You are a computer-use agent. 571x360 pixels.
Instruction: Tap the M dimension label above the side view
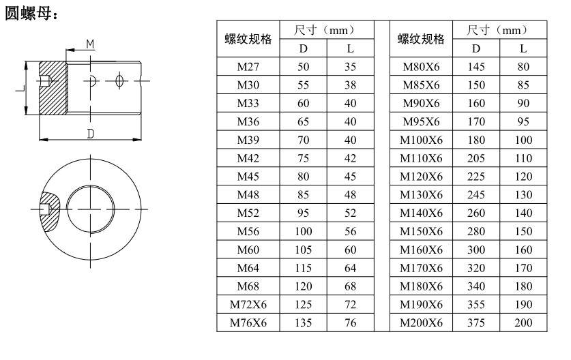click(90, 44)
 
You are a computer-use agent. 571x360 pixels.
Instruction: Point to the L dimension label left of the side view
click(20, 89)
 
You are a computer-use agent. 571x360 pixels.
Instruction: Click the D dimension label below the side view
click(90, 134)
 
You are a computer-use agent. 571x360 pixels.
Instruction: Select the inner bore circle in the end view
click(66, 209)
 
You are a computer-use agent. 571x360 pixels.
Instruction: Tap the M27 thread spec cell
click(248, 67)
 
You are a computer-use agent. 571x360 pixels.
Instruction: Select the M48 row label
click(248, 195)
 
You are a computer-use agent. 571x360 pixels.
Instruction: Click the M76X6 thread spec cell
click(248, 323)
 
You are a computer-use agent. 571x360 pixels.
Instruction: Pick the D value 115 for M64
click(304, 268)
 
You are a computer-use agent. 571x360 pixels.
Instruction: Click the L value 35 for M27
click(351, 67)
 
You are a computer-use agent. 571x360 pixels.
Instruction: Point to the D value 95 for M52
click(304, 213)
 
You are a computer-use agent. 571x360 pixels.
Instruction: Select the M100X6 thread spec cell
click(421, 140)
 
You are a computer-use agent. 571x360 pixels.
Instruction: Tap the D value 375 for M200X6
click(476, 323)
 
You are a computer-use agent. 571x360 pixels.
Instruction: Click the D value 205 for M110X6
click(476, 158)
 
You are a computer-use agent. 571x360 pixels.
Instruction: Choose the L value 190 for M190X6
click(523, 304)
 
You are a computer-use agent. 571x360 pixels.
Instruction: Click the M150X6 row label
click(421, 231)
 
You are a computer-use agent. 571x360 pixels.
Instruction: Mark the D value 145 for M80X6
click(476, 67)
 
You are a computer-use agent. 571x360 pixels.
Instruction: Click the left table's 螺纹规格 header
click(248, 39)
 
